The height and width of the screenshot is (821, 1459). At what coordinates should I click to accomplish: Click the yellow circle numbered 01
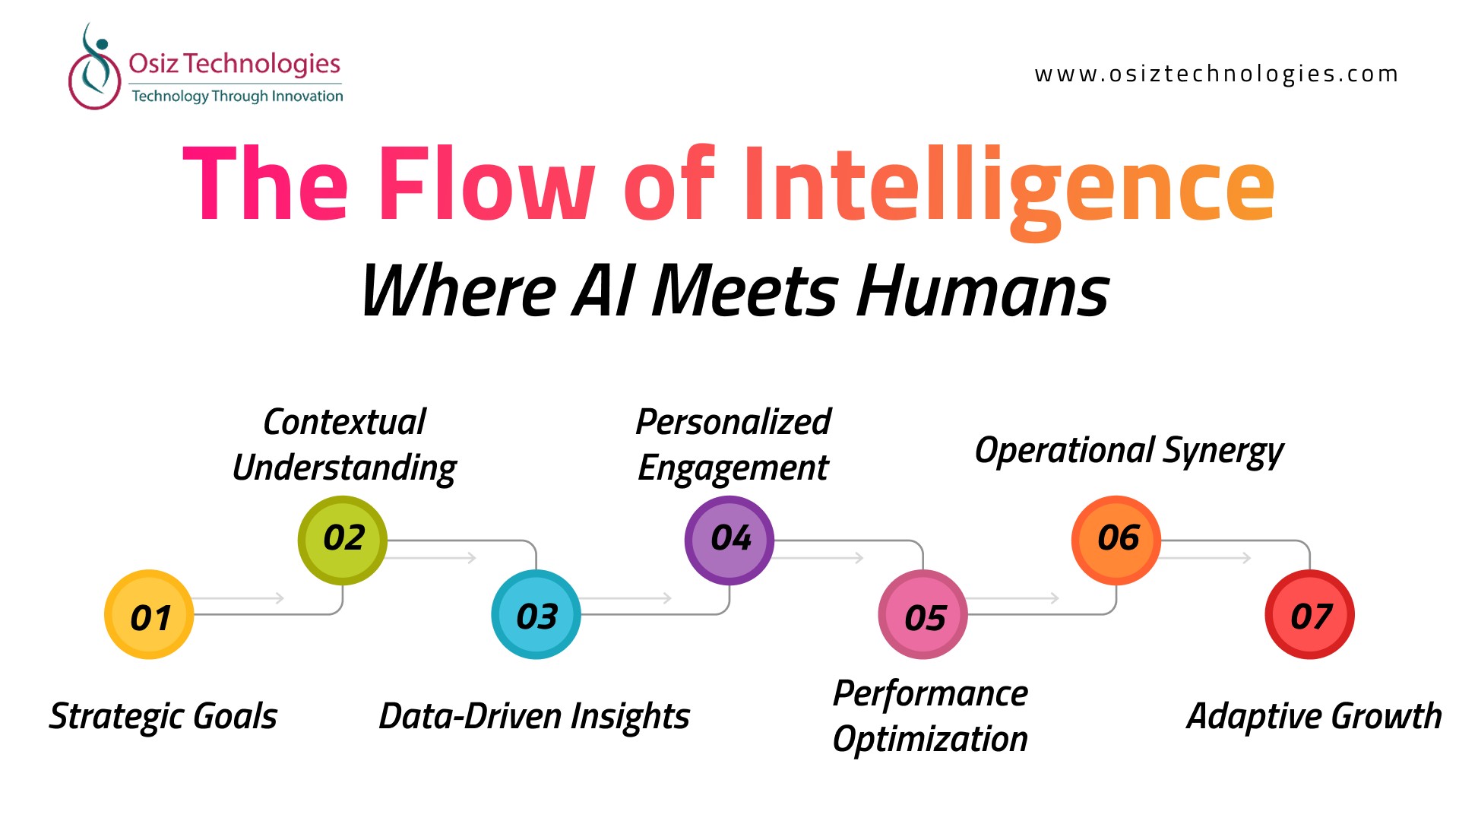pyautogui.click(x=149, y=614)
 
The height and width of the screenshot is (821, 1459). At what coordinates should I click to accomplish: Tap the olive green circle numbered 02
pyautogui.click(x=343, y=540)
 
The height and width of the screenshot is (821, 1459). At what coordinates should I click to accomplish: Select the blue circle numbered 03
pyautogui.click(x=536, y=614)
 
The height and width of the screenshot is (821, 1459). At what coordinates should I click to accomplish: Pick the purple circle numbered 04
pyautogui.click(x=729, y=540)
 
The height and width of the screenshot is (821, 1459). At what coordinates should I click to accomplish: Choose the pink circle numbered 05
pyautogui.click(x=923, y=614)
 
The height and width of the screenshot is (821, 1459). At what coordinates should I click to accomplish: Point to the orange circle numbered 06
pyautogui.click(x=1116, y=540)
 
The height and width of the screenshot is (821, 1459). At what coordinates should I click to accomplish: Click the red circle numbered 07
pyautogui.click(x=1310, y=614)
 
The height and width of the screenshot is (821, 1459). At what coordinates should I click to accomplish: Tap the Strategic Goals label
pyautogui.click(x=163, y=717)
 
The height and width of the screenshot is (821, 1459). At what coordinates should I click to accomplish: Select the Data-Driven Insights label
pyautogui.click(x=534, y=717)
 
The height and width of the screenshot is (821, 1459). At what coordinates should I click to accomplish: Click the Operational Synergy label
pyautogui.click(x=1129, y=451)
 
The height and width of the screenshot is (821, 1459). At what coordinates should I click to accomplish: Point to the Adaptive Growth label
pyautogui.click(x=1315, y=717)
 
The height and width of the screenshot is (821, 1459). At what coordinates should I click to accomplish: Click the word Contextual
pyautogui.click(x=344, y=422)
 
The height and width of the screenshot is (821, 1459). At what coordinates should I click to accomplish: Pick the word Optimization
pyautogui.click(x=930, y=739)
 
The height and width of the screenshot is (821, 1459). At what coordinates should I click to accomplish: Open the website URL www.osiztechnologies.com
pyautogui.click(x=1216, y=74)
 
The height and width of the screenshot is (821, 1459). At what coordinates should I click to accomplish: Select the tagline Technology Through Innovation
pyautogui.click(x=237, y=96)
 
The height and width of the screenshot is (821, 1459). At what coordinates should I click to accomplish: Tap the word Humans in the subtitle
pyautogui.click(x=983, y=291)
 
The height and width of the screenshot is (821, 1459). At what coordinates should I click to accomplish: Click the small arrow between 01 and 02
pyautogui.click(x=239, y=598)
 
